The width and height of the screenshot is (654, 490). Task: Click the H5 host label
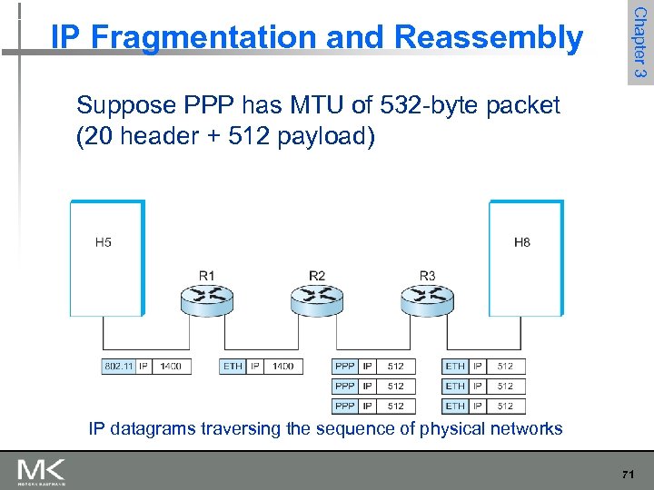[x=104, y=242]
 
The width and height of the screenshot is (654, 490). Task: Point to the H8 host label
[x=522, y=242]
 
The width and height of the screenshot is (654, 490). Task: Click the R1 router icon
[x=207, y=297]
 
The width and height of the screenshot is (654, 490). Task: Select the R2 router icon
[x=317, y=297]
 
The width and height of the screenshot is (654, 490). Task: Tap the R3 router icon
[x=427, y=297]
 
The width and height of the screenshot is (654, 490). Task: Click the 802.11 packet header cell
[x=118, y=367]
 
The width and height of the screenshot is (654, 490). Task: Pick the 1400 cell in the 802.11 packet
[x=170, y=367]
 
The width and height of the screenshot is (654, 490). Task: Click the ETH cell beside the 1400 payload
[x=233, y=367]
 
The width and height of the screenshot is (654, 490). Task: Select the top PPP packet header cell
[x=345, y=367]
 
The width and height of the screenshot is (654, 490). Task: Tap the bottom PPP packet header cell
[x=345, y=406]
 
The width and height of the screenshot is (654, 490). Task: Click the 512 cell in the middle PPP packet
[x=395, y=387]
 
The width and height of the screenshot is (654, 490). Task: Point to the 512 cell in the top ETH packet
[x=505, y=367]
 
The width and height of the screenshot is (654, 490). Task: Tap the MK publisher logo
[x=41, y=471]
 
